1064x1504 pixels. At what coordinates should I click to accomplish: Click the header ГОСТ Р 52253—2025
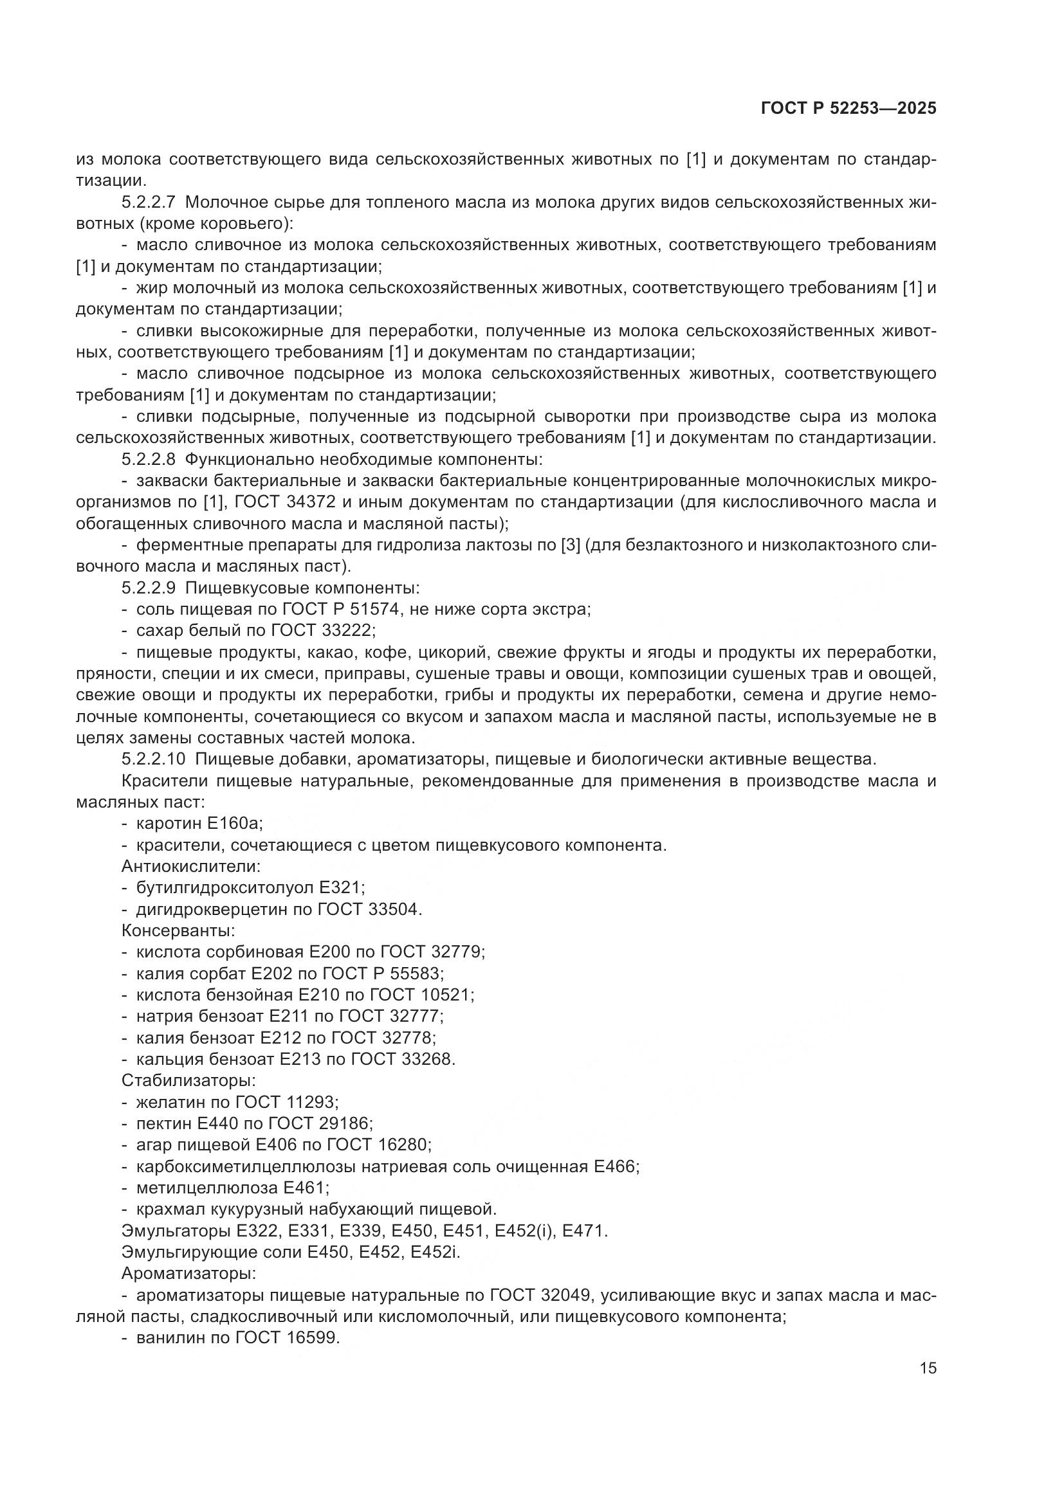848,109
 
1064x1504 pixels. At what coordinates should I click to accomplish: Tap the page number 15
928,1368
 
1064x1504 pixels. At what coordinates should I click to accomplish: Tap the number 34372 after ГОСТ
312,502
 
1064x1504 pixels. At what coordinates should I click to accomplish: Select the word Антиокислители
190,867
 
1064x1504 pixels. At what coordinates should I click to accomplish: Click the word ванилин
167,1337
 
